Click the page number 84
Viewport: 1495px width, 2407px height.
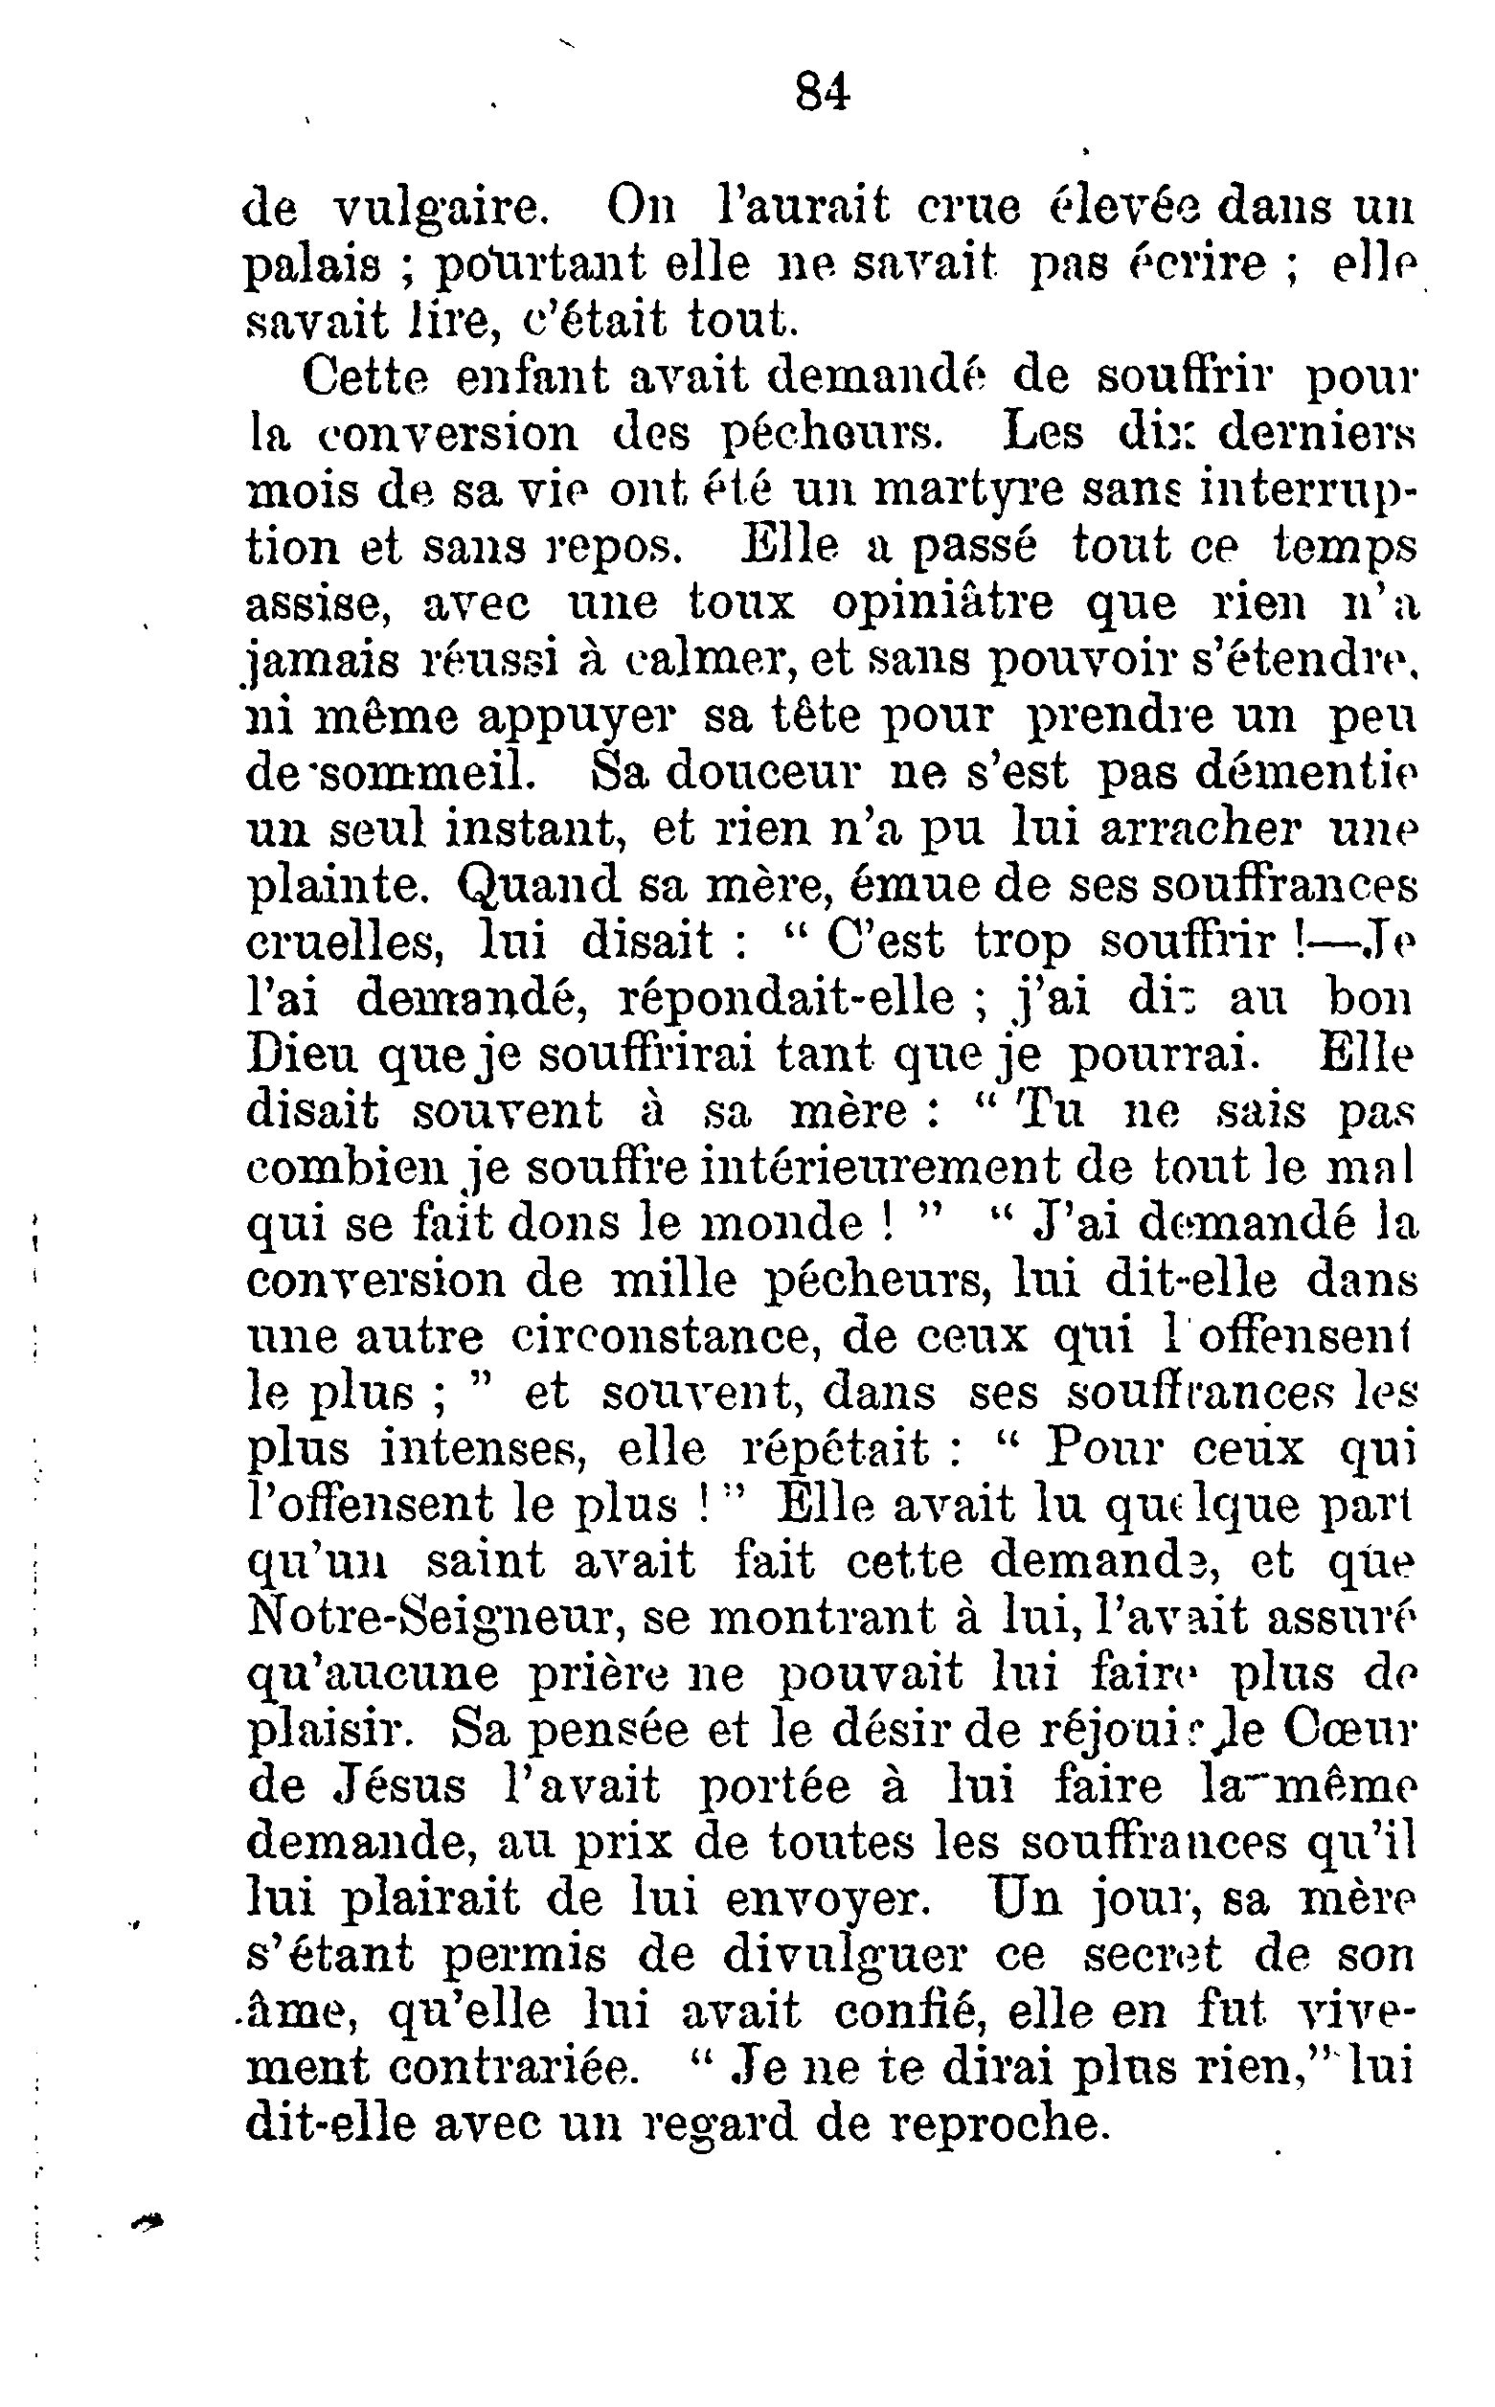(822, 93)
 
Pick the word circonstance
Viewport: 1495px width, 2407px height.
(661, 1339)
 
